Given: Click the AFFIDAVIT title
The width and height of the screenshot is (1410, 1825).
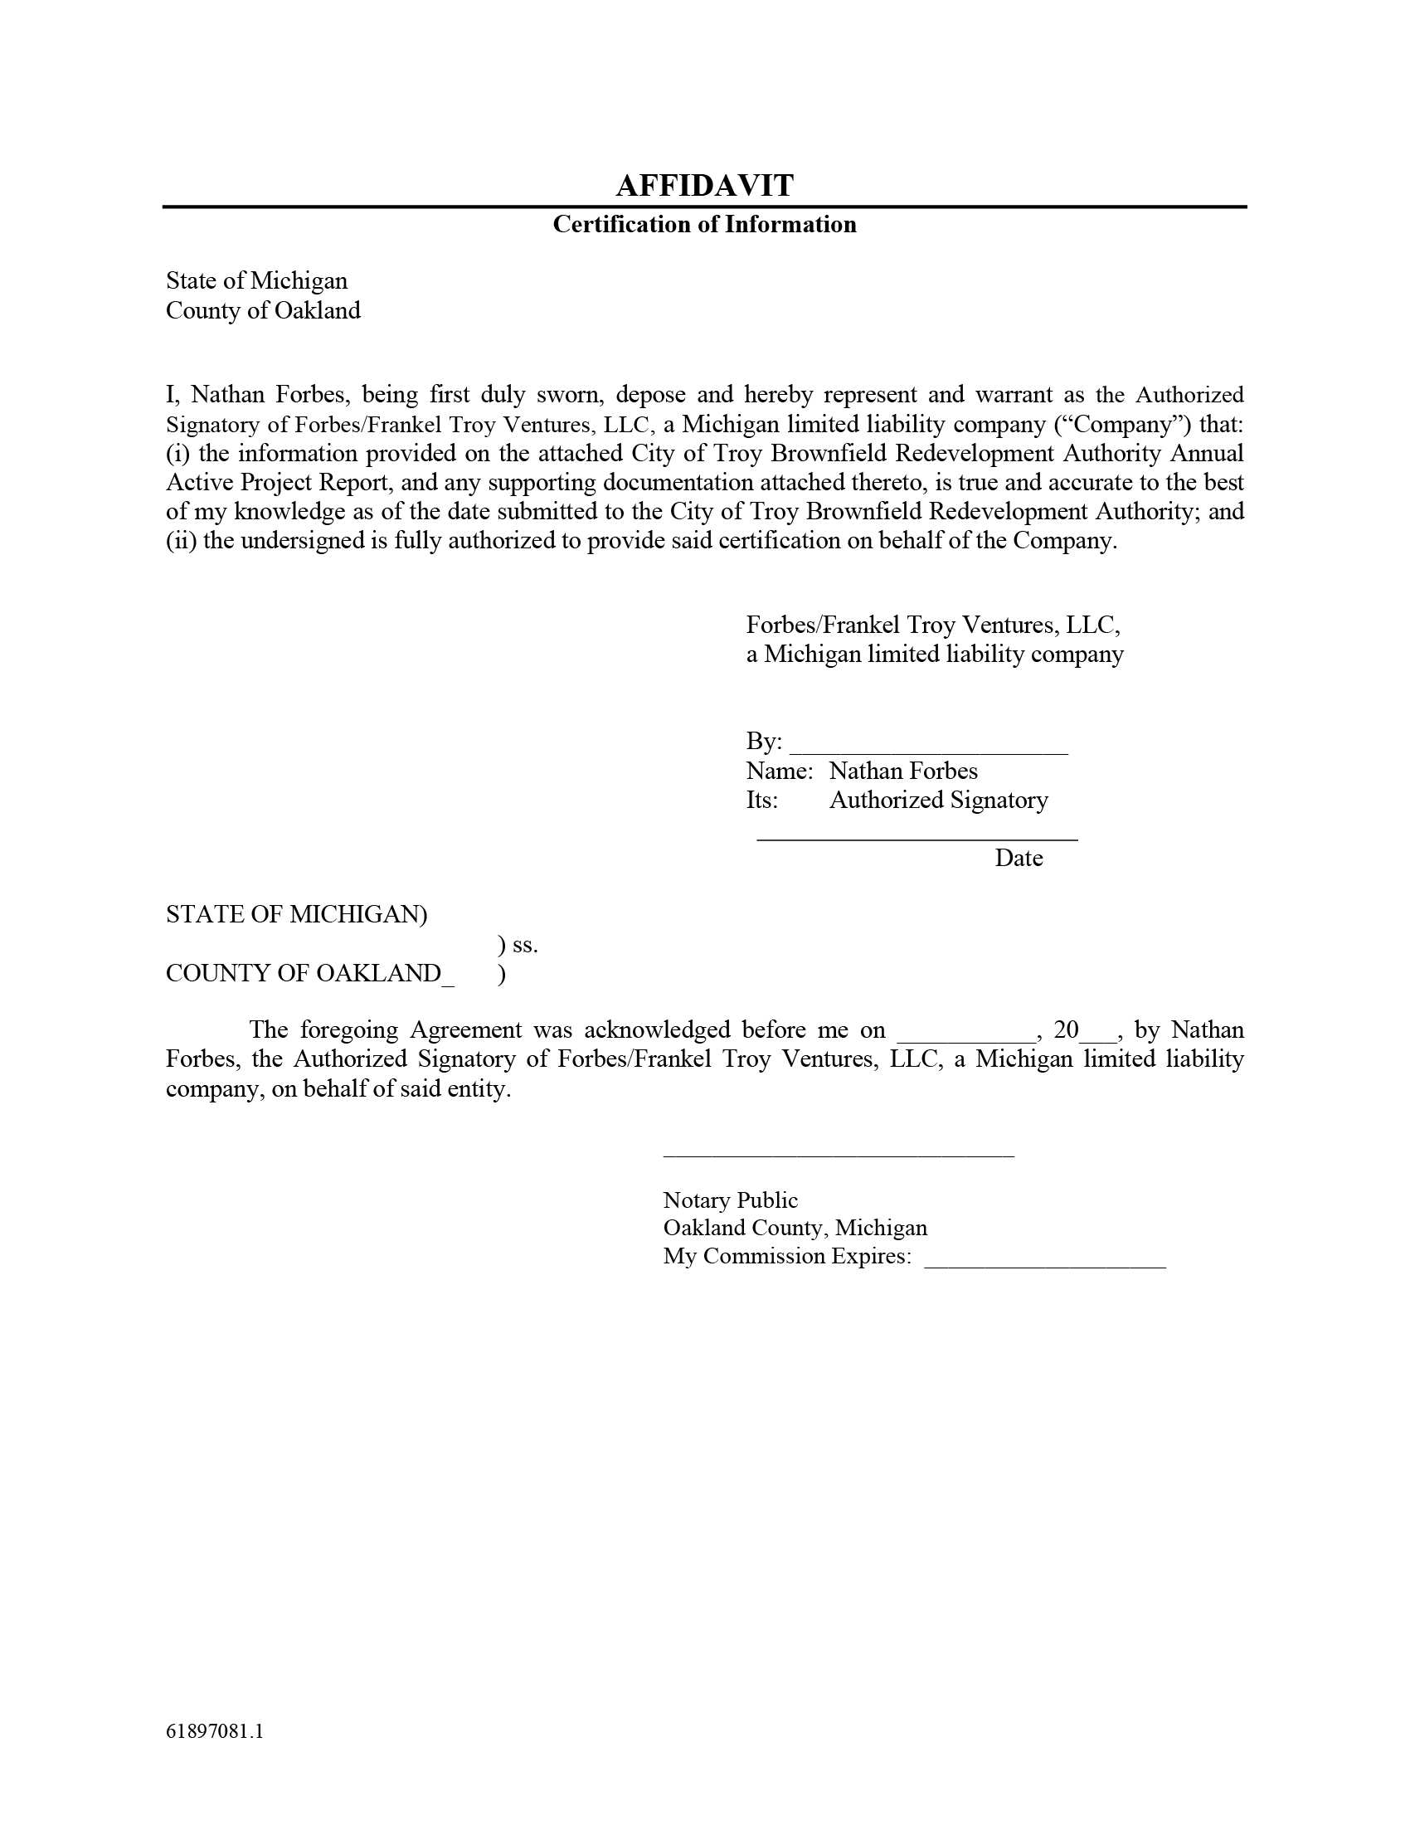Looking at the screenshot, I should [704, 186].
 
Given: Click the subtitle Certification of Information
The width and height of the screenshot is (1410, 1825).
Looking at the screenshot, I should [704, 224].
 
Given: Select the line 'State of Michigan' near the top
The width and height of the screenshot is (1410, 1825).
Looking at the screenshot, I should [256, 280].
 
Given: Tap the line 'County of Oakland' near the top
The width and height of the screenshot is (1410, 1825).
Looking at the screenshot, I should [263, 311].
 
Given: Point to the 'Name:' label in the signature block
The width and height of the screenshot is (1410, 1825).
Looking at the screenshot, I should [779, 771].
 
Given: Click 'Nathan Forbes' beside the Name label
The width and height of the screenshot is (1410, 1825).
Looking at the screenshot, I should [903, 771].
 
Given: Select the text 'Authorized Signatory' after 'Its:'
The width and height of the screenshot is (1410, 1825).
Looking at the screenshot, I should [938, 800].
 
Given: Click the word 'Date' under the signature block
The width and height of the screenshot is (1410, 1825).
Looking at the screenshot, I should [1019, 859].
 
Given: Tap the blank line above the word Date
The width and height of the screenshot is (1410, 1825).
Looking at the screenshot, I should [916, 837].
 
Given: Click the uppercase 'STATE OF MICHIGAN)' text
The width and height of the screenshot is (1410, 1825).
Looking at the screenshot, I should [297, 914].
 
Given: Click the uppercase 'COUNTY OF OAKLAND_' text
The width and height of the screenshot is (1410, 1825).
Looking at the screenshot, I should [310, 974].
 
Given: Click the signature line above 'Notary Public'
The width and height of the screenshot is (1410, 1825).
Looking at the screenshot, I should [838, 1155].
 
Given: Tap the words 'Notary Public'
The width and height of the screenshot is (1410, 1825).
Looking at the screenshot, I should [730, 1201].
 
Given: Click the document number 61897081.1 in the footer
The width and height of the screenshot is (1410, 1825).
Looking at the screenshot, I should [215, 1730].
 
